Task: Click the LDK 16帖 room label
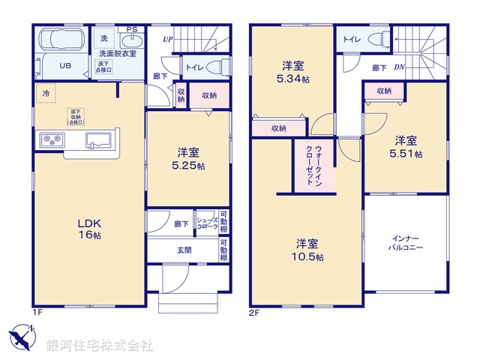(88, 228)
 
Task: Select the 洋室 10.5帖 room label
(307, 250)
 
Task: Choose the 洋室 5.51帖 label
(406, 146)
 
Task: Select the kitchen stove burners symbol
(51, 139)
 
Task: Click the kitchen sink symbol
(99, 139)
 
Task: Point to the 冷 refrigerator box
(46, 94)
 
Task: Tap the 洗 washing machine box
(103, 38)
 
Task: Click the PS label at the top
(131, 29)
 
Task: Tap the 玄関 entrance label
(184, 250)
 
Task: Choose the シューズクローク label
(206, 222)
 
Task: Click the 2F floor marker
(254, 311)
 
